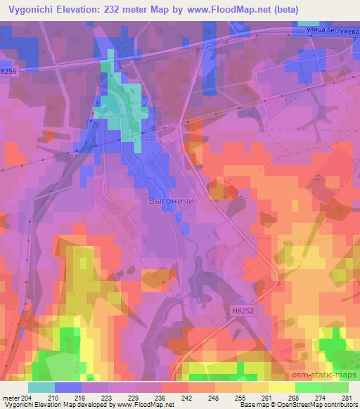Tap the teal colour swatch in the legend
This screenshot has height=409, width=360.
tap(41, 387)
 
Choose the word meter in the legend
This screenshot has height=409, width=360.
tap(10, 398)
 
